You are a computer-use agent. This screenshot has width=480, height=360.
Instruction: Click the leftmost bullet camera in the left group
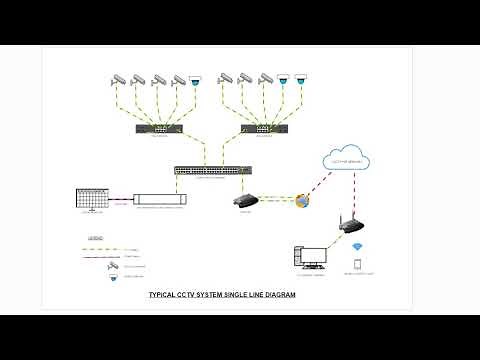(x=119, y=78)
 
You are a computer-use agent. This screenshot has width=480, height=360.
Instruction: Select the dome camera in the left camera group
(x=196, y=80)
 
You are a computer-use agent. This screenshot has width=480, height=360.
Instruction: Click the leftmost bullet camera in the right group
(x=226, y=78)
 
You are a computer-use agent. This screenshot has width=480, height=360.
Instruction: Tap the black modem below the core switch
(x=245, y=200)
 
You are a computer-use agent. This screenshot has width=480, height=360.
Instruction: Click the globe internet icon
(x=302, y=201)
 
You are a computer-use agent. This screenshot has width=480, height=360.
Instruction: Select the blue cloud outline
(x=347, y=160)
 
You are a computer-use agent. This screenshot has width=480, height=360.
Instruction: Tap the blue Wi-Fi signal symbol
(x=357, y=246)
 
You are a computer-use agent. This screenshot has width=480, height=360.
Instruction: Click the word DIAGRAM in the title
(x=274, y=296)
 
